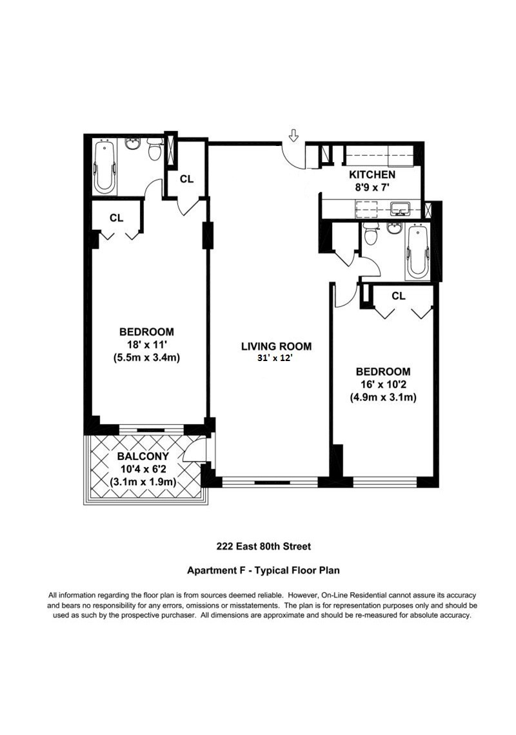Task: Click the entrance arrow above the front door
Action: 293,136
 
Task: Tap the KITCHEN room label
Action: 372,175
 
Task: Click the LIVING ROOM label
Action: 276,346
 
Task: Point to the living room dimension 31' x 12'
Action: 276,358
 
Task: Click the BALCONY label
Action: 143,456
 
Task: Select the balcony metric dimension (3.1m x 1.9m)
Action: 143,482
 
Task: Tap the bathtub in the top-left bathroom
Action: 105,168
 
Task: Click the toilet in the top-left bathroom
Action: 154,149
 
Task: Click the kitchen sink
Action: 400,208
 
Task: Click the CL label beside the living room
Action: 186,179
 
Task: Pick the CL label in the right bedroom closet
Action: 399,296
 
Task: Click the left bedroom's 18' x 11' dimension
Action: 146,344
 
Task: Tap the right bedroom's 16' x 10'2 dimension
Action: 383,384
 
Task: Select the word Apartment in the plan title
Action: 210,571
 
